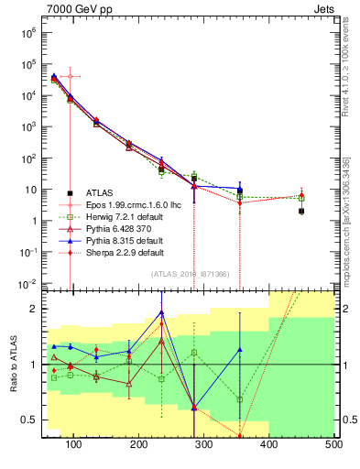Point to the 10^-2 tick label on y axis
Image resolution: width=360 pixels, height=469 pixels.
point(27,283)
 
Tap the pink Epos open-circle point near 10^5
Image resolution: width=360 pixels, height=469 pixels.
point(70,76)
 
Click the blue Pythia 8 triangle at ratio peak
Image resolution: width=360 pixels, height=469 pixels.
point(161,313)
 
